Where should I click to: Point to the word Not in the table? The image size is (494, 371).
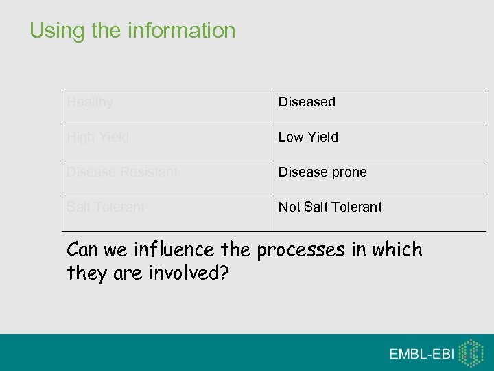click(289, 207)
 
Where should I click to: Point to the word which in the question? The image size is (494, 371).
click(397, 249)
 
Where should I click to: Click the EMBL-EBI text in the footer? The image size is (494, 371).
click(421, 354)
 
